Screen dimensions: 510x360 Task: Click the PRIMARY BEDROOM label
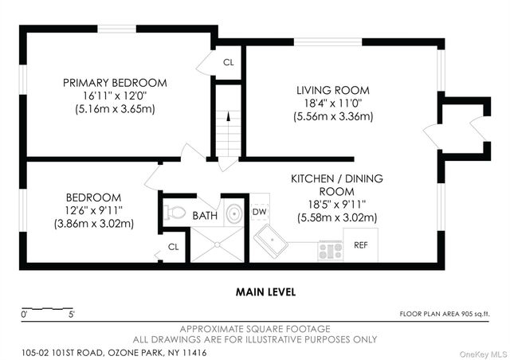[115, 83]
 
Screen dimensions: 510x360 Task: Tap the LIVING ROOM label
[333, 90]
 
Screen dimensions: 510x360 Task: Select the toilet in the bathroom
[175, 213]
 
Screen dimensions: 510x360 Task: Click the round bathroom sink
[233, 213]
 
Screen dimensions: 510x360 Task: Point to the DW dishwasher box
[260, 212]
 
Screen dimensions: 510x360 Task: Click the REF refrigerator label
[361, 245]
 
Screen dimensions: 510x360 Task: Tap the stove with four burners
[330, 251]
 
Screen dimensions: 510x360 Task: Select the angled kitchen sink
[271, 241]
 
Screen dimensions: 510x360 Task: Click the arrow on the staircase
[229, 116]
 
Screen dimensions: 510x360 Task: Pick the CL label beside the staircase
[229, 62]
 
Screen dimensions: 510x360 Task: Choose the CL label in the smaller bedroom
[174, 247]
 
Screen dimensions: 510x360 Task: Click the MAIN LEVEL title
[265, 292]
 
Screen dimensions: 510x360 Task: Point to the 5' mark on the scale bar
[72, 315]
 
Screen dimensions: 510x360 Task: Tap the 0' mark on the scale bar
[24, 315]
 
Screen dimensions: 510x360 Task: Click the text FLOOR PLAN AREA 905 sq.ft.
[445, 314]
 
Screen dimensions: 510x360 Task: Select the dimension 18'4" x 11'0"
[333, 104]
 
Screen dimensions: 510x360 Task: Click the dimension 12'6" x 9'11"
[94, 210]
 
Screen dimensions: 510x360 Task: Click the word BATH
[205, 215]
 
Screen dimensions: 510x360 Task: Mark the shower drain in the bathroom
[217, 245]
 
